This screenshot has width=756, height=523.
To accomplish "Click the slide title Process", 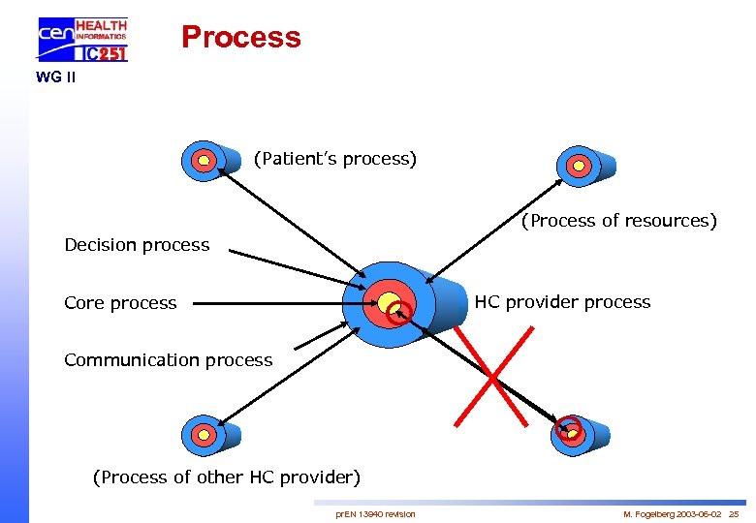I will (x=240, y=37).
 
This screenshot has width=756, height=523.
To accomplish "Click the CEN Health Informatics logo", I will (x=82, y=39).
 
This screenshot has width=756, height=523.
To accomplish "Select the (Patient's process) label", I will (x=335, y=158).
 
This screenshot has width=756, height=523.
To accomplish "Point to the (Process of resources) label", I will (x=618, y=221).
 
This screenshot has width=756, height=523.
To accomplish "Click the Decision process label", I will (x=137, y=245).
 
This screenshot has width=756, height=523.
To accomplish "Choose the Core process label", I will (x=120, y=303).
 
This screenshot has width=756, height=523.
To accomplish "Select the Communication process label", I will (x=168, y=360).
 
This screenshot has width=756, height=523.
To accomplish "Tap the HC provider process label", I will (x=562, y=302).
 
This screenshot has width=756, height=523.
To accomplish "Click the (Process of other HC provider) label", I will (x=226, y=477).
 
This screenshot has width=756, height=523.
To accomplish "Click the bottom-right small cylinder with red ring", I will (x=579, y=433).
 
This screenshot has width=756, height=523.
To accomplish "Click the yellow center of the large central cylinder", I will (x=389, y=301).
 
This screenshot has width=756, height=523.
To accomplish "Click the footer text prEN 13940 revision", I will (x=375, y=513).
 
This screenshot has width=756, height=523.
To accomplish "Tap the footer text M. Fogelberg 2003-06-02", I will (x=669, y=513).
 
